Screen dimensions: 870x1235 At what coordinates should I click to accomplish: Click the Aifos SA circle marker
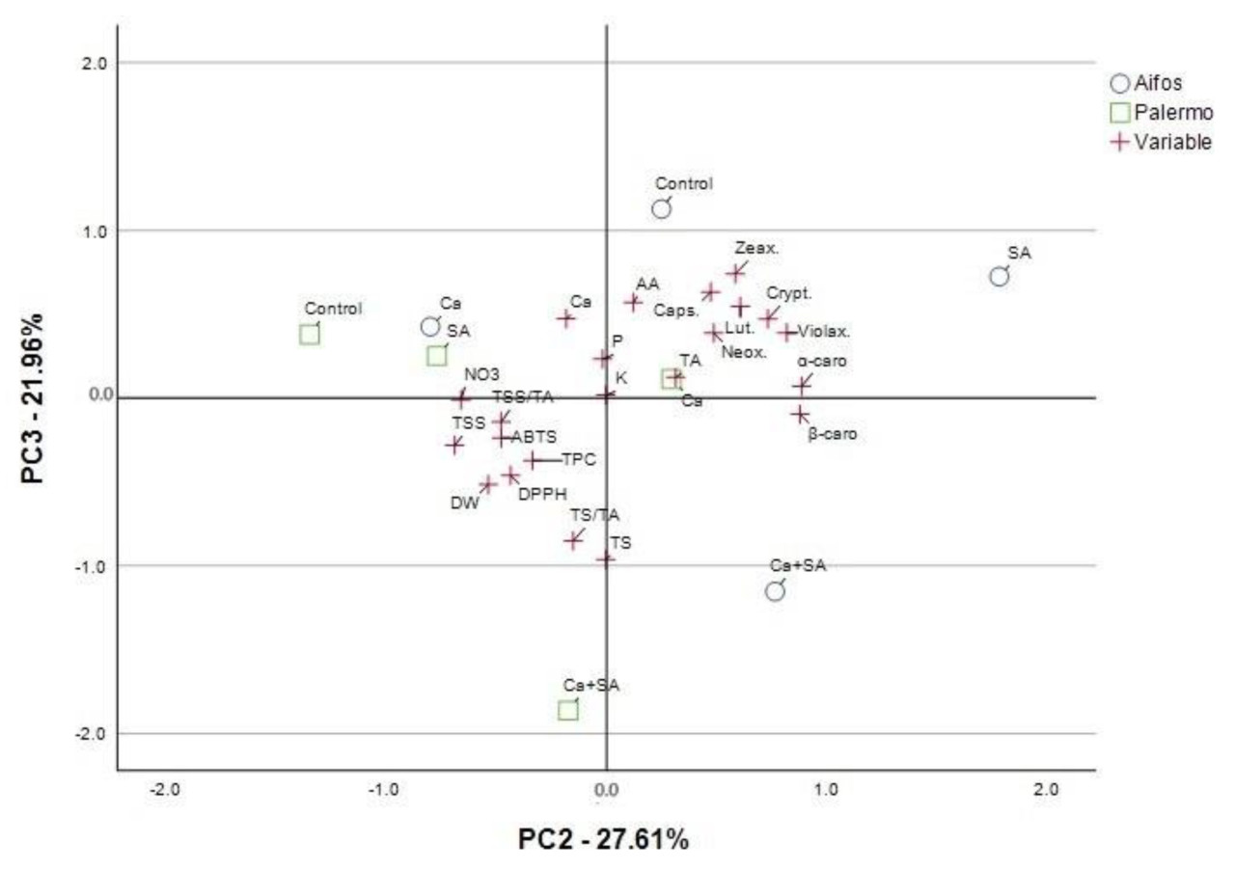(x=999, y=277)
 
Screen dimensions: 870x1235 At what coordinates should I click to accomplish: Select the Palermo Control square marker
(x=310, y=335)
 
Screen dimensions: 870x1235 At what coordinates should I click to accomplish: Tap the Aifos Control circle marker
(x=661, y=209)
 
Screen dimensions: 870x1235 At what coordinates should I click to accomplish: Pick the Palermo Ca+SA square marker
(x=568, y=710)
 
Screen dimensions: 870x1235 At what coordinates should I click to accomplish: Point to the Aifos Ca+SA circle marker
(x=775, y=591)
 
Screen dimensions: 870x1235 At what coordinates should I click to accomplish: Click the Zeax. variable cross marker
(x=736, y=273)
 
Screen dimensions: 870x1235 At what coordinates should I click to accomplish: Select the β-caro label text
(x=832, y=434)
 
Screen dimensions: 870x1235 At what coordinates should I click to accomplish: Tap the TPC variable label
(x=579, y=459)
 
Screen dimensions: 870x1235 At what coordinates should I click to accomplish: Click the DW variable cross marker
(x=488, y=484)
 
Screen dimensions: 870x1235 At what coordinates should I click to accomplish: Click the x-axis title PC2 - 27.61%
(x=604, y=839)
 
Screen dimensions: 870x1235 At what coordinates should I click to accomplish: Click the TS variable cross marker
(x=605, y=558)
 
